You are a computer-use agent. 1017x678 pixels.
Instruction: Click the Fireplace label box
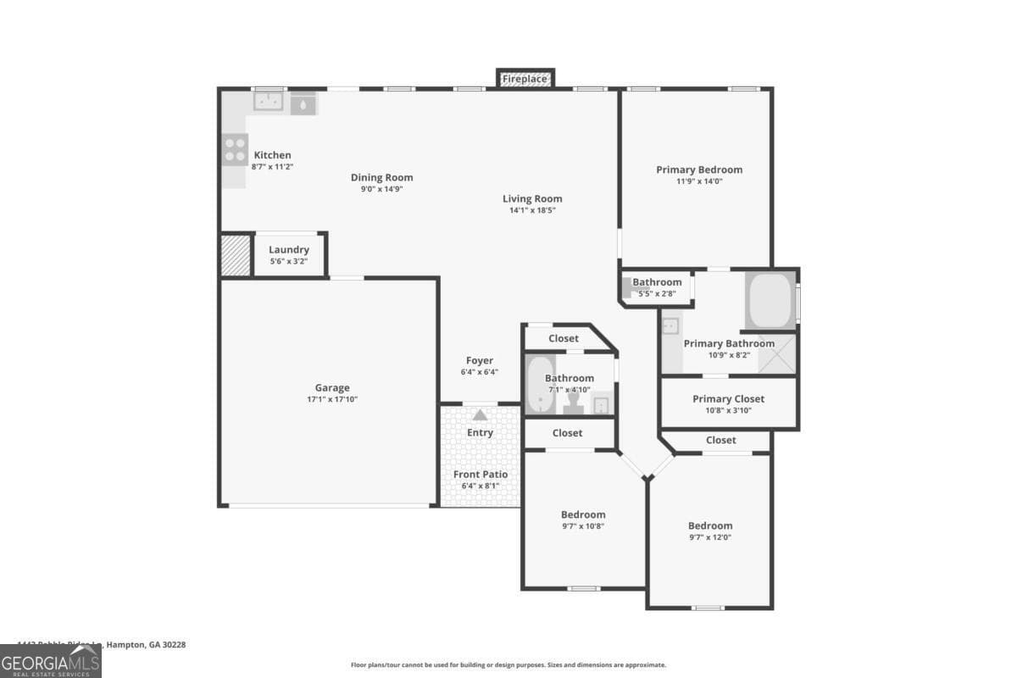click(x=525, y=79)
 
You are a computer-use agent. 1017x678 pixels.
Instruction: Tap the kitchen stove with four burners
click(x=235, y=150)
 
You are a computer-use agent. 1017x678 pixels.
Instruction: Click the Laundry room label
click(x=289, y=250)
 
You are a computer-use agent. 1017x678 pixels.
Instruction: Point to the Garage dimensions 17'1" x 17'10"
click(x=332, y=399)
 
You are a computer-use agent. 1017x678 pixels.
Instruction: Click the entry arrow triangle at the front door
click(x=481, y=415)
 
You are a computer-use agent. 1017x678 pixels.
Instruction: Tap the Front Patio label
click(x=481, y=475)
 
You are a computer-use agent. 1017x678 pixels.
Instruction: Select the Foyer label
click(x=480, y=361)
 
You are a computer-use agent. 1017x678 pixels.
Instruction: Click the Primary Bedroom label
click(x=699, y=169)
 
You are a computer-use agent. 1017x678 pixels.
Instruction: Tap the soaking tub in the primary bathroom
click(x=770, y=300)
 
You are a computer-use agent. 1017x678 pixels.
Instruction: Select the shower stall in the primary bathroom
click(x=777, y=354)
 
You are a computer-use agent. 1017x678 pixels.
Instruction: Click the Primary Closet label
click(x=728, y=399)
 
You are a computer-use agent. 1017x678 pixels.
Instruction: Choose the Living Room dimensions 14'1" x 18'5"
click(x=532, y=210)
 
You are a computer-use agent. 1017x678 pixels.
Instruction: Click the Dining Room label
click(x=382, y=178)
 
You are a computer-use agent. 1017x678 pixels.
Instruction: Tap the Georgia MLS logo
click(x=51, y=661)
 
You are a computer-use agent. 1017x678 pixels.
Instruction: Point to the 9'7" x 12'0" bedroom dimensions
click(x=710, y=537)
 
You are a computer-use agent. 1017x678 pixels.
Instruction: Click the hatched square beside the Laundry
click(x=236, y=255)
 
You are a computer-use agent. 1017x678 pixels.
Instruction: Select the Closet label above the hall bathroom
click(x=564, y=339)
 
